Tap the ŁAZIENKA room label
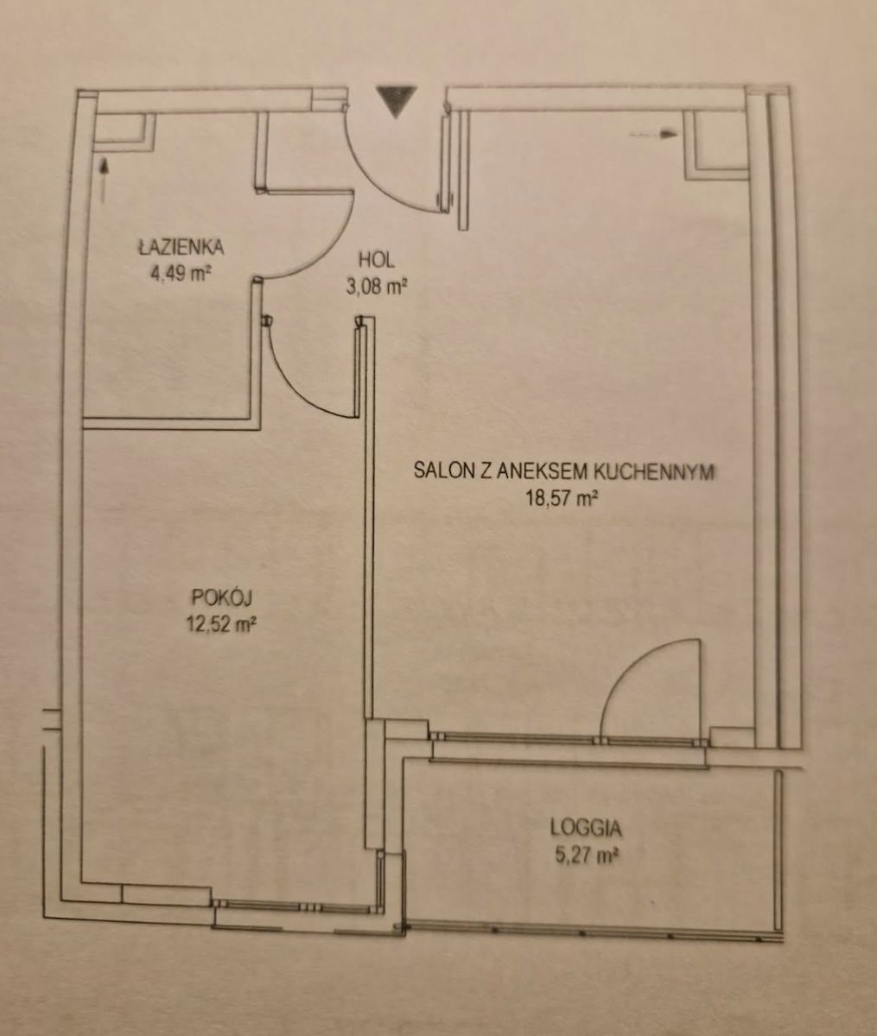click(x=181, y=248)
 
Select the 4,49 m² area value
click(x=180, y=274)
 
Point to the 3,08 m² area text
click(x=376, y=287)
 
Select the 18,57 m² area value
click(x=562, y=499)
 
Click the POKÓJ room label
click(x=221, y=597)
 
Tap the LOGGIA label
click(x=586, y=829)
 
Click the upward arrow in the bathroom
click(x=105, y=180)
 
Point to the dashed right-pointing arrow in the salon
click(x=652, y=134)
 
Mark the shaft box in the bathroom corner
click(x=124, y=131)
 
